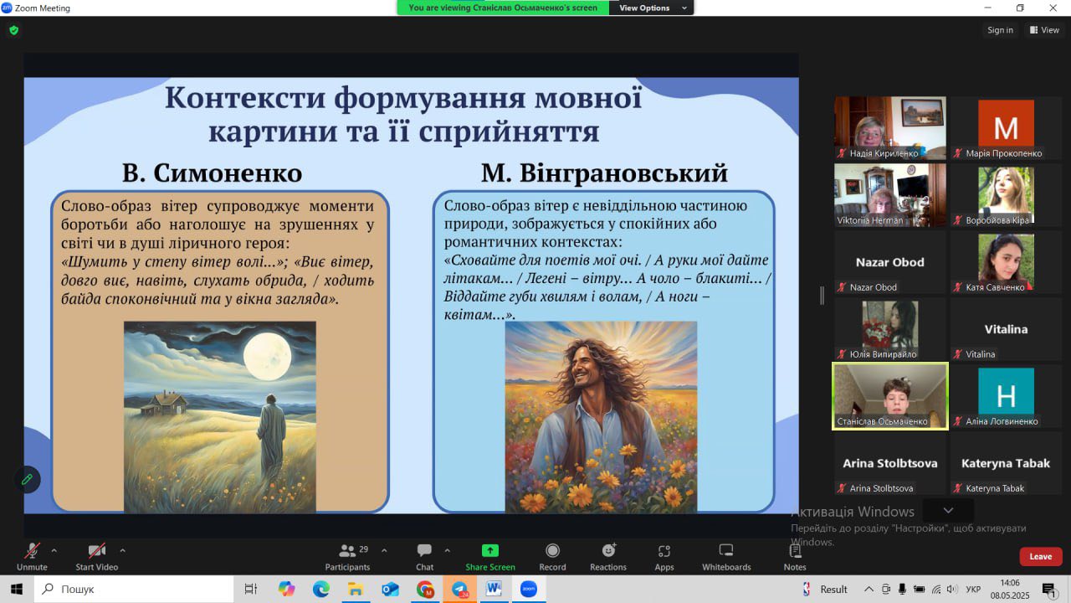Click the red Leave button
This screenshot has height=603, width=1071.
[1040, 557]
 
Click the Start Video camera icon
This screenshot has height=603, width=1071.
[96, 551]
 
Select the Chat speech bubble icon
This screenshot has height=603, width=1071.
[424, 551]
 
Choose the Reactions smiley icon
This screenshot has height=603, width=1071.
[608, 551]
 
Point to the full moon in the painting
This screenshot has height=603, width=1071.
[267, 357]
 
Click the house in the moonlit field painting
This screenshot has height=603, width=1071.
[164, 404]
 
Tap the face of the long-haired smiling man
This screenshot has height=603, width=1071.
[584, 368]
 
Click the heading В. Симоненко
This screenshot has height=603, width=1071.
[213, 173]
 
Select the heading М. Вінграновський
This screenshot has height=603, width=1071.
[604, 173]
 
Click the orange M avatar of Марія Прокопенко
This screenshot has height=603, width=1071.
[1006, 123]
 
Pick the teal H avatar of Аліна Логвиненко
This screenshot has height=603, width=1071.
[1006, 391]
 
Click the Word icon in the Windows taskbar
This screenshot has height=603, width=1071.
[494, 589]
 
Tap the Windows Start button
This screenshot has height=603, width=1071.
[17, 589]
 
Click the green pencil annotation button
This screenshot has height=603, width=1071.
[28, 479]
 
